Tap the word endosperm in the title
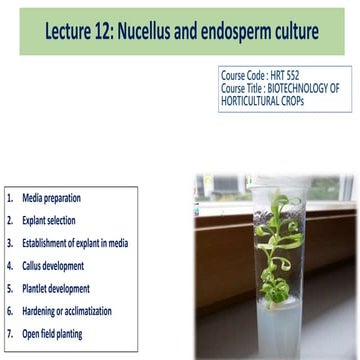[x=242, y=33]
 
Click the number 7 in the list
[x=9, y=334]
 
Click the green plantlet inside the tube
[x=266, y=240]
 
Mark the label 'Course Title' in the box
[x=242, y=87]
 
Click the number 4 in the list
[x=9, y=266]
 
